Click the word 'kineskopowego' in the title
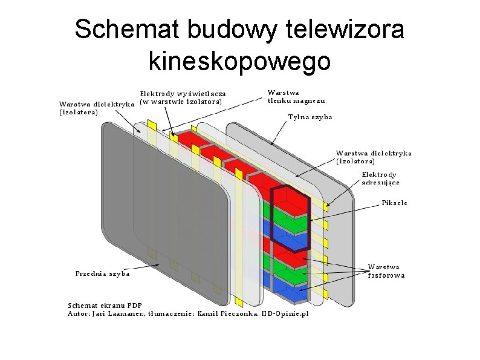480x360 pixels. tap(239, 61)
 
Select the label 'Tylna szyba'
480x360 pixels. tap(310, 117)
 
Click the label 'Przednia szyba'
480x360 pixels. tap(102, 273)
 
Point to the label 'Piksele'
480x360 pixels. tap(395, 203)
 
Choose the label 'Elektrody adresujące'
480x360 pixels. tap(381, 178)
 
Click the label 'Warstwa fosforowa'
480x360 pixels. tap(386, 271)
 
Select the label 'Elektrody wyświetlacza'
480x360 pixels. tap(183, 94)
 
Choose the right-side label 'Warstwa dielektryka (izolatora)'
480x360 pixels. tap(373, 157)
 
